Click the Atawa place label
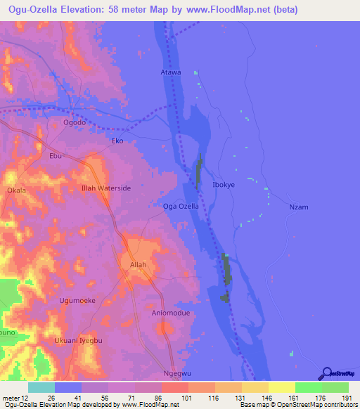tap(171, 72)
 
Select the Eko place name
tap(118, 141)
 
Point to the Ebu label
tap(56, 156)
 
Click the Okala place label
tap(16, 190)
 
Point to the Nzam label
tap(299, 207)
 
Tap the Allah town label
tap(138, 265)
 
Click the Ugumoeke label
tap(76, 300)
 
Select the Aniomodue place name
tap(171, 313)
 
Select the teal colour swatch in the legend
tap(41, 387)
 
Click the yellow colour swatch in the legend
tap(282, 387)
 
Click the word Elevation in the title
tap(88, 10)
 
